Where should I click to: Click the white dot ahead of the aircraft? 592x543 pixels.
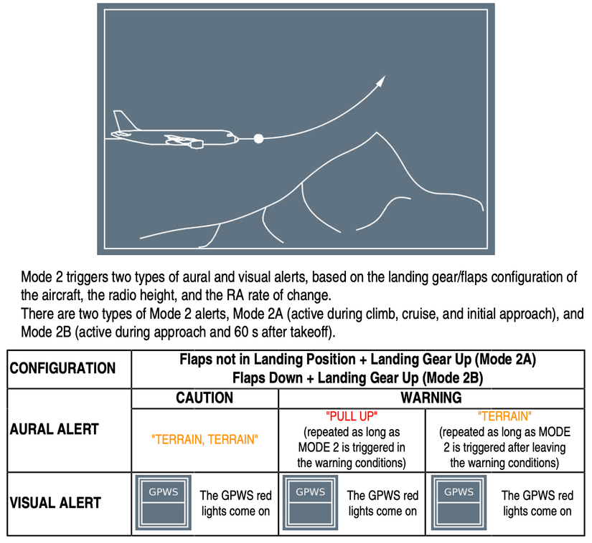pos(258,139)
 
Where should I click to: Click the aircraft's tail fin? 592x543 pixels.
pos(125,120)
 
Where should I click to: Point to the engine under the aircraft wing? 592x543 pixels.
pos(196,144)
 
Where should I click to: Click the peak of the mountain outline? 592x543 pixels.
pos(377,133)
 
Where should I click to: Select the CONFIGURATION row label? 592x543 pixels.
pos(62,368)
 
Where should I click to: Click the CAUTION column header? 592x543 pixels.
pos(205,398)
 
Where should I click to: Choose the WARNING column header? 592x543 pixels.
pos(431,398)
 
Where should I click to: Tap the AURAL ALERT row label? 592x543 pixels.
pos(55,429)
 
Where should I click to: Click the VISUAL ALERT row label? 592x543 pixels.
pos(55,503)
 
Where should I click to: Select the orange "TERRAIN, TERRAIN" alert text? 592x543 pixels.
pos(205,439)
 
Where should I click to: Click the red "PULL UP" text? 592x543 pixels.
pos(352,416)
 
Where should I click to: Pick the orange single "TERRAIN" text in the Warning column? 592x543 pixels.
pos(504,416)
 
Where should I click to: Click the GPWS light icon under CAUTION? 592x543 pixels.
pos(164,503)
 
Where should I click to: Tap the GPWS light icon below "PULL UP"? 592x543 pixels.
pos(310,503)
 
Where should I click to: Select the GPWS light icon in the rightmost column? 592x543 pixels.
pos(459,503)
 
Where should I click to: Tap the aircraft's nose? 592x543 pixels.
pos(237,139)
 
